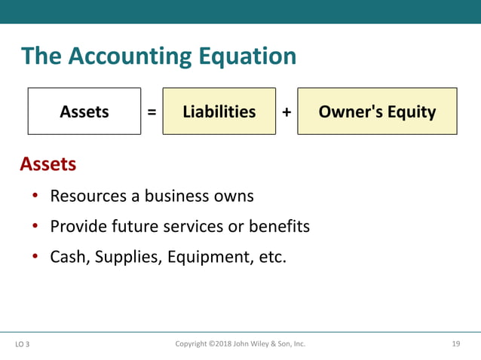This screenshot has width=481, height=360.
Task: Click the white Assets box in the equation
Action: coord(84,111)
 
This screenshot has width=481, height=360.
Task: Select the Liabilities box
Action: coord(219,111)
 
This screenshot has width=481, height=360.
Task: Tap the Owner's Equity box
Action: coord(377,111)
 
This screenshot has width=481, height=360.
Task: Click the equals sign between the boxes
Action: coord(152,112)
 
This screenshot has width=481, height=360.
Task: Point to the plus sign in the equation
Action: coord(286,112)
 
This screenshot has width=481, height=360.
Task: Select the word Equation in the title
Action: coord(244,56)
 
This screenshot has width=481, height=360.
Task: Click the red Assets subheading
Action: coord(47,163)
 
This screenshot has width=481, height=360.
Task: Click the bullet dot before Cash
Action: coord(35,257)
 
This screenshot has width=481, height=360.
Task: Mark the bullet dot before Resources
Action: coord(35,197)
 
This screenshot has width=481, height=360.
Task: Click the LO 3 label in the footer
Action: coord(23,345)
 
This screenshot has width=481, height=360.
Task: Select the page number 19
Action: coord(455,344)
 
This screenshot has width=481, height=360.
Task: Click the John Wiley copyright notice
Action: coord(240,344)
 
